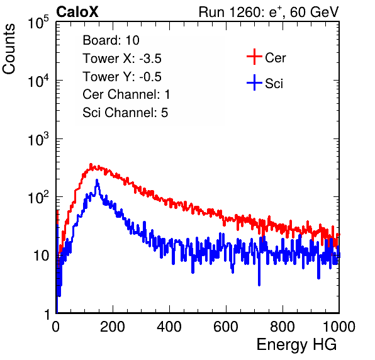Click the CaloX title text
77,12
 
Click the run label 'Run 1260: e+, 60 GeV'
269,12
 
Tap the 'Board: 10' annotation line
111,40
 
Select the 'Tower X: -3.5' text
122,59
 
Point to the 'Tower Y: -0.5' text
122,77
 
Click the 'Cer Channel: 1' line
126,94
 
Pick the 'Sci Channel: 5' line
125,113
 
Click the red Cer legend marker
254,57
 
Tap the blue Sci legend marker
254,82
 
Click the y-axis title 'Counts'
9,49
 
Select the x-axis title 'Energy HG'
296,345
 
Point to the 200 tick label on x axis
113,327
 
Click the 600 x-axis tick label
226,327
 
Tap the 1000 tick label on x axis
339,327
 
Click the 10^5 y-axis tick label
38,22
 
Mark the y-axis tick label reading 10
41,256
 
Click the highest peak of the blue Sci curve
97,179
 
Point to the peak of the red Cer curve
91,164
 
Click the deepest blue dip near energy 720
259,285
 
